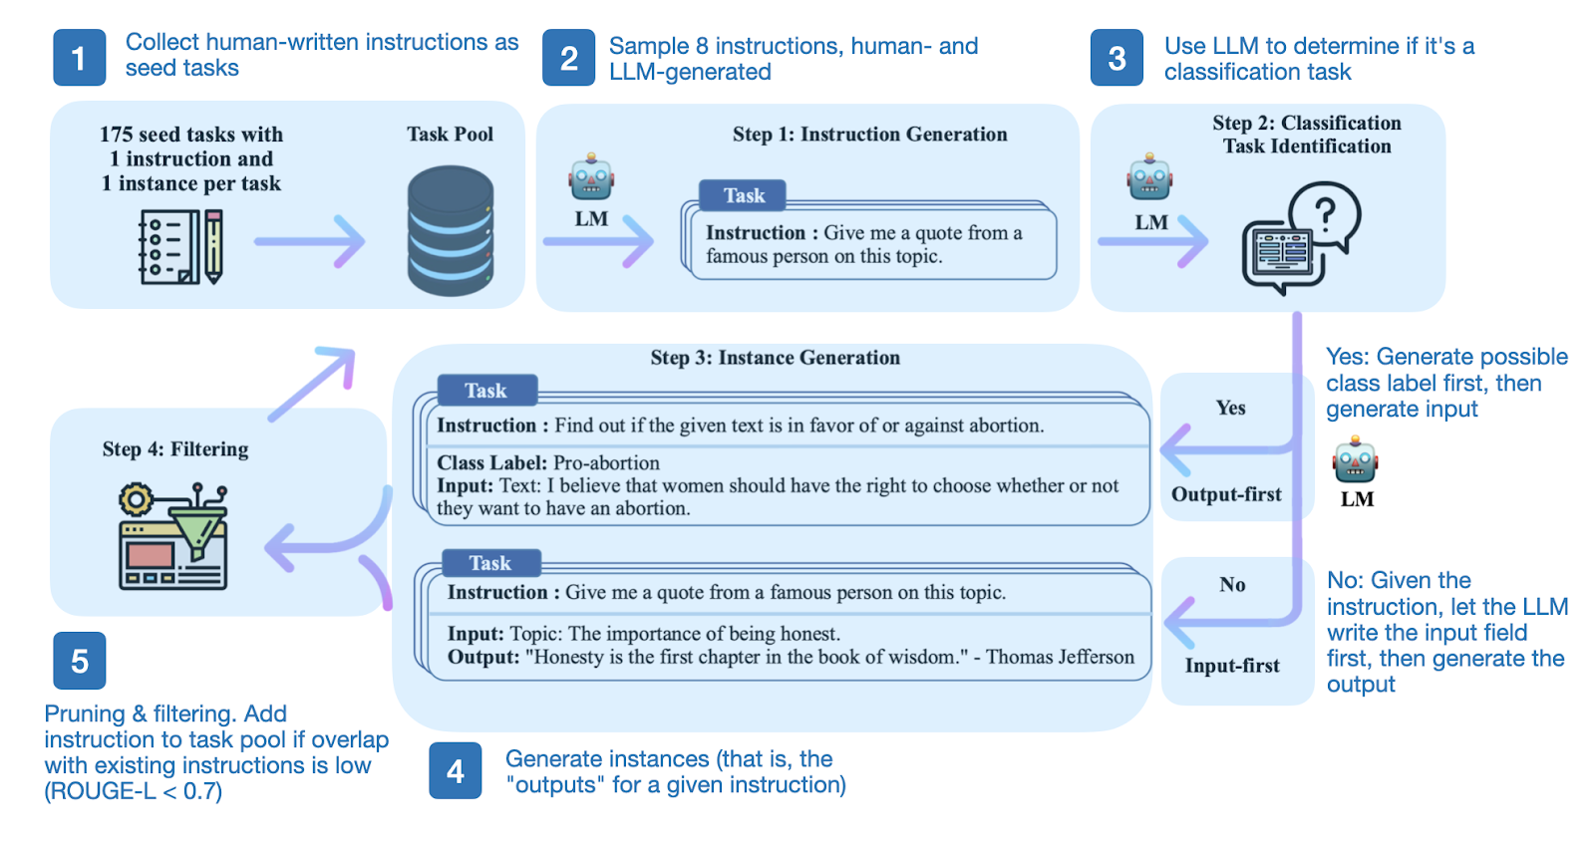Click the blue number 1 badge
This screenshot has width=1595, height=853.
79,58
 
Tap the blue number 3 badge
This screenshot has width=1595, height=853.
1116,58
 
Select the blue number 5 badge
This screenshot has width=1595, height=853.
79,661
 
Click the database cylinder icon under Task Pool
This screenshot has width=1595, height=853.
451,231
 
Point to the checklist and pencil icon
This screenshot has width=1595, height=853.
180,247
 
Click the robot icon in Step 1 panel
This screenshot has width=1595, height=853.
591,177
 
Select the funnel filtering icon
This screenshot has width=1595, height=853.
174,536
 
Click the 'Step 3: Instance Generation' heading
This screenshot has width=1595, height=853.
775,358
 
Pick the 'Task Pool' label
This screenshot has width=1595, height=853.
450,135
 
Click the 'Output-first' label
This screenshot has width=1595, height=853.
1226,494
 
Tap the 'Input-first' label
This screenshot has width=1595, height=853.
1232,666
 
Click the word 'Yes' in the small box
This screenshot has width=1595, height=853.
1230,408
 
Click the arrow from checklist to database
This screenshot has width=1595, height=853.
310,241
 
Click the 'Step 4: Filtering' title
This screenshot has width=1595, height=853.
175,449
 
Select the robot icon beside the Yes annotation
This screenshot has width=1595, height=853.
1356,460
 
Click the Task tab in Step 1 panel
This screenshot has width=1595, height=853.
744,195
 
